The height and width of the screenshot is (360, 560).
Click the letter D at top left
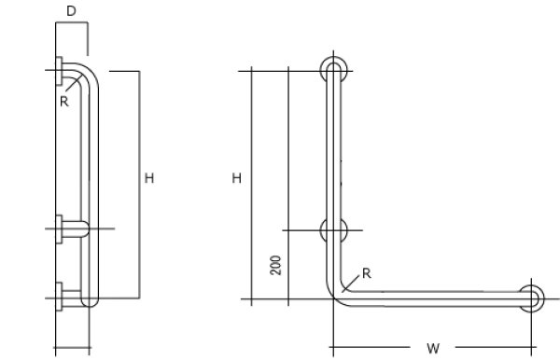click(x=72, y=11)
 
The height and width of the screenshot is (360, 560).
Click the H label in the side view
click(x=149, y=178)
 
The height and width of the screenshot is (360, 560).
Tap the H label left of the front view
click(x=237, y=178)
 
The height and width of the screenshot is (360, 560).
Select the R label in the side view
click(x=63, y=102)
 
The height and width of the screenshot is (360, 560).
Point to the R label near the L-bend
click(x=367, y=273)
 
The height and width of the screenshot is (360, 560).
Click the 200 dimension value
click(x=275, y=265)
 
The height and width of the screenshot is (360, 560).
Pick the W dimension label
click(x=433, y=348)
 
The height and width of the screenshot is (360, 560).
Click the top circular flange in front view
click(x=333, y=71)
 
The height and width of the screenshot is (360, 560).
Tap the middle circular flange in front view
click(x=333, y=230)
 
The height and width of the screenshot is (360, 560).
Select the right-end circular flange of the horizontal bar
click(x=531, y=298)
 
